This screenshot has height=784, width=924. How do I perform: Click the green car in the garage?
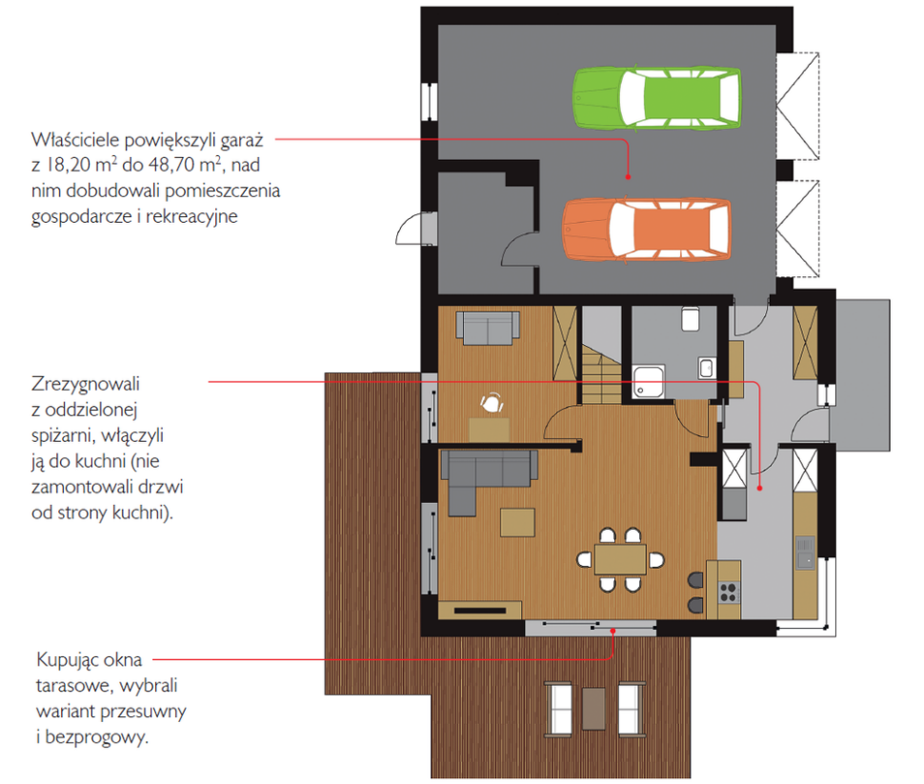657,98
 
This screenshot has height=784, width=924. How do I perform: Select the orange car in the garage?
647,230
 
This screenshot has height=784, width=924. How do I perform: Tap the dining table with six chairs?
620,559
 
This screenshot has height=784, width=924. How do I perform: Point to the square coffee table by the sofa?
517,522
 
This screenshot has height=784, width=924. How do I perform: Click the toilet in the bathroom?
691,318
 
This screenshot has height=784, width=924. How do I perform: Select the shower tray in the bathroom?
649,381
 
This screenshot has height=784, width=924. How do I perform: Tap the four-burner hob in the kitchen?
729,592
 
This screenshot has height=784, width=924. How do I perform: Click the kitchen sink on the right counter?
806,553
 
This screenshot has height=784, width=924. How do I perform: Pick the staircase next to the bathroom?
602,374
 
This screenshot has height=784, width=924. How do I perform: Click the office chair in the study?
492,403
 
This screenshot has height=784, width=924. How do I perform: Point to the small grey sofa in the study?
488,328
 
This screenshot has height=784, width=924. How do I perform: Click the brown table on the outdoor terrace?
594,709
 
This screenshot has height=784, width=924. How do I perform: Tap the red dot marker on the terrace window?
613,631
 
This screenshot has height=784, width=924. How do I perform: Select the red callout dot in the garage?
628,177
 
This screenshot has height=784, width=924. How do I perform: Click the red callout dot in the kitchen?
759,488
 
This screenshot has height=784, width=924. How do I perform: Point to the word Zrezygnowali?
86,384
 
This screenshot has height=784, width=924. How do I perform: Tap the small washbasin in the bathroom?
707,368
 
